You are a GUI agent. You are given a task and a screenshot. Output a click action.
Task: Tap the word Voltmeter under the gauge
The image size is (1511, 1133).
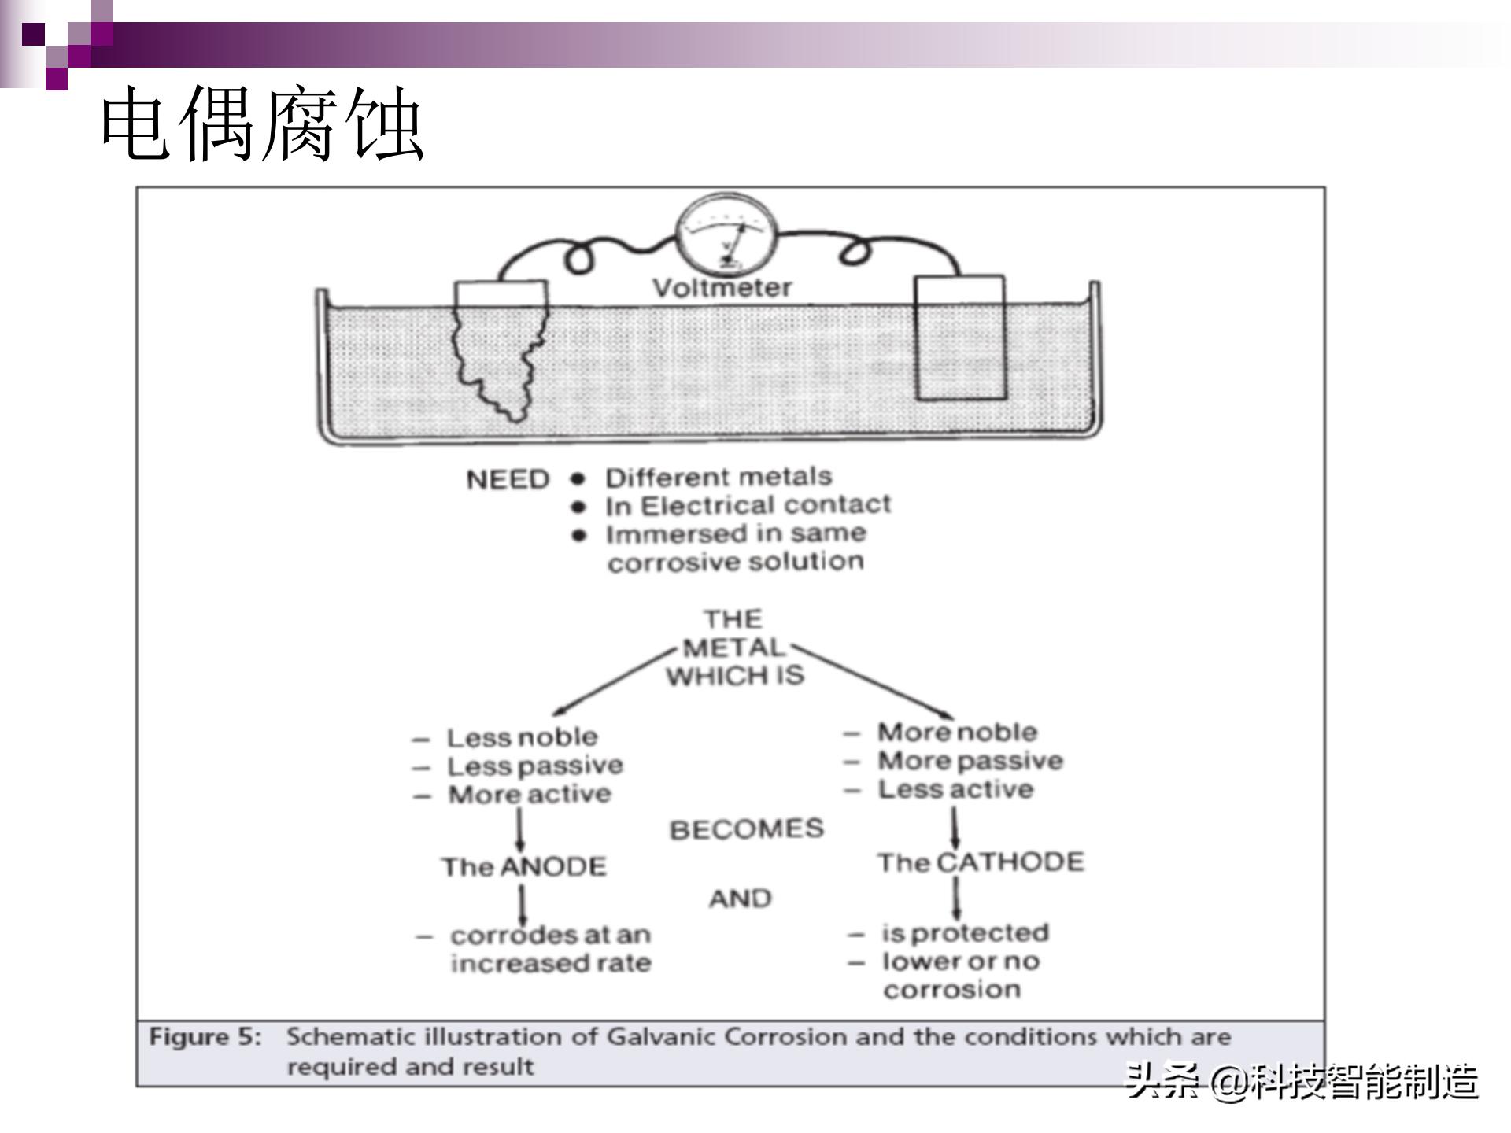[x=722, y=288]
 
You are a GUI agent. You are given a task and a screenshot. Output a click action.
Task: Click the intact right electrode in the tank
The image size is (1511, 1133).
[x=959, y=338]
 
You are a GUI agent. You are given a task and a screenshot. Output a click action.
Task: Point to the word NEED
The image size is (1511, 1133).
[x=507, y=479]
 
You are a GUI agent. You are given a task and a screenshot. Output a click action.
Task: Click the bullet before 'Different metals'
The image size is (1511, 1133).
[x=579, y=478]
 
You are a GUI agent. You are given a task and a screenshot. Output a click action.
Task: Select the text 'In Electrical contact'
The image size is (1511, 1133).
[x=748, y=505]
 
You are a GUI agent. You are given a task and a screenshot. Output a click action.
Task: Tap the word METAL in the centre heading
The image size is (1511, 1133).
[x=734, y=648]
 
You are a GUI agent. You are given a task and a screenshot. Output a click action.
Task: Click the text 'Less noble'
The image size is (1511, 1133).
[x=522, y=737]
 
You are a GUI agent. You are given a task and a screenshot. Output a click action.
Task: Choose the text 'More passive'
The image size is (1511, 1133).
[x=970, y=761]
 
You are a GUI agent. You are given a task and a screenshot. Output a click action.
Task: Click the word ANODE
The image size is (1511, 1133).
[x=553, y=866]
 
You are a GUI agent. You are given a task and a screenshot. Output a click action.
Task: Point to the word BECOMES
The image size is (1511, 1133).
[x=746, y=829]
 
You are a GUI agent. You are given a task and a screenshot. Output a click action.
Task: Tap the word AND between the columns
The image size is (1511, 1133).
[x=740, y=898]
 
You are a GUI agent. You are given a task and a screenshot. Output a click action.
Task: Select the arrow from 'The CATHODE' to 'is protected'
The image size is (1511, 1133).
[x=956, y=897]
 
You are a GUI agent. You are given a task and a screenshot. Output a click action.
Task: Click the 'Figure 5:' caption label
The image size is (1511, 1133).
[x=205, y=1037]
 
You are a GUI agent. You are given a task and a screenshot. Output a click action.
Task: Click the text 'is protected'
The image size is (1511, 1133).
[x=965, y=933]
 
